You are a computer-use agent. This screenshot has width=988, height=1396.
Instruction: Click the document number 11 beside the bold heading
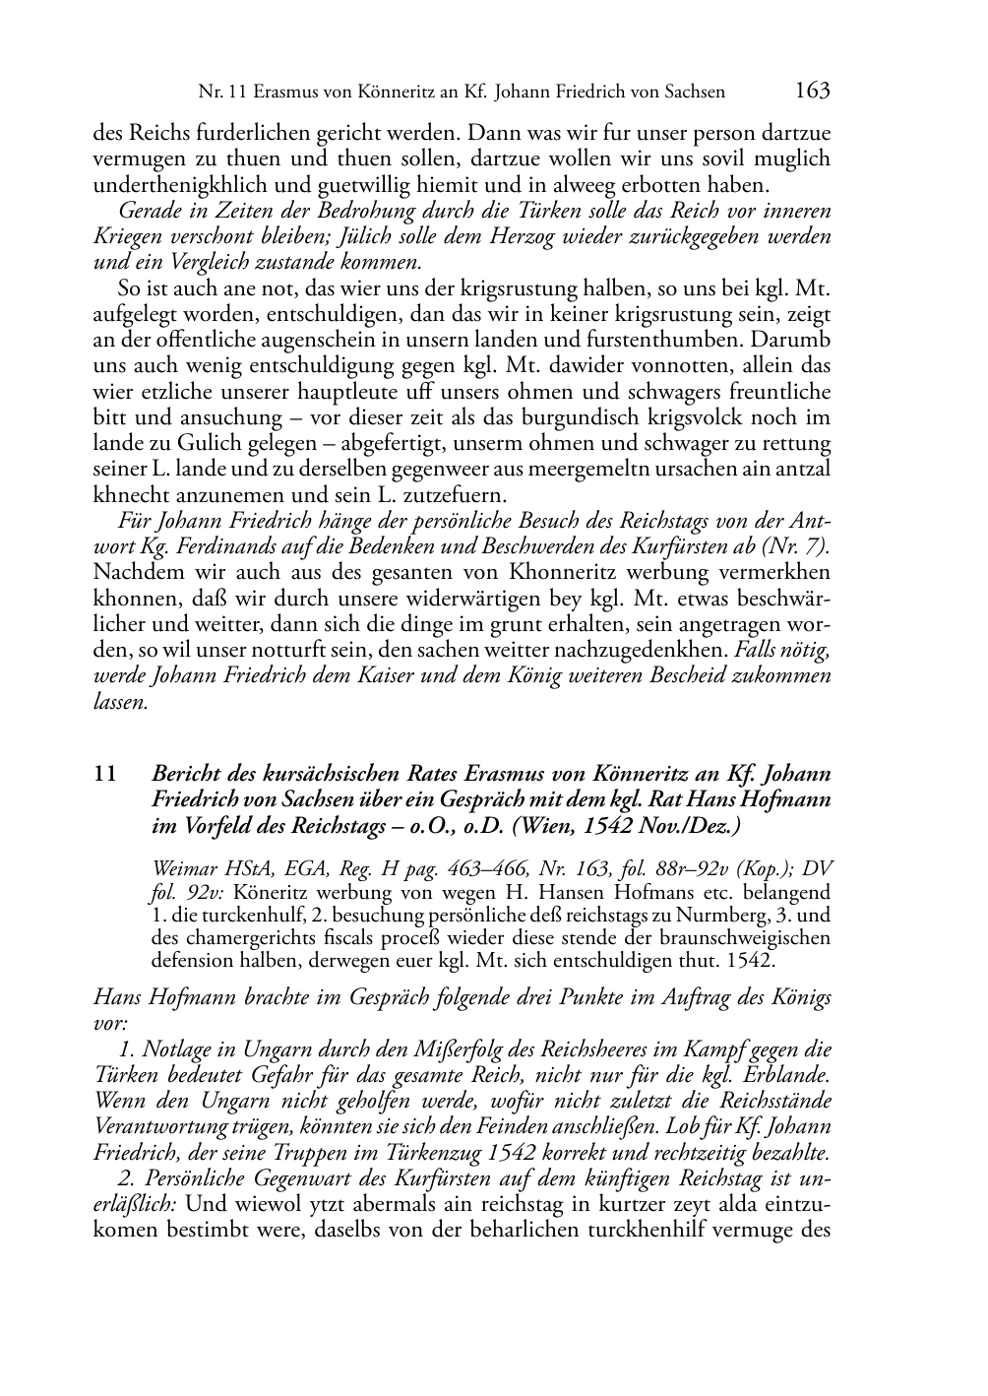104,774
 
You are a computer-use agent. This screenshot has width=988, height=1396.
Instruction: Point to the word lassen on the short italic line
120,702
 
